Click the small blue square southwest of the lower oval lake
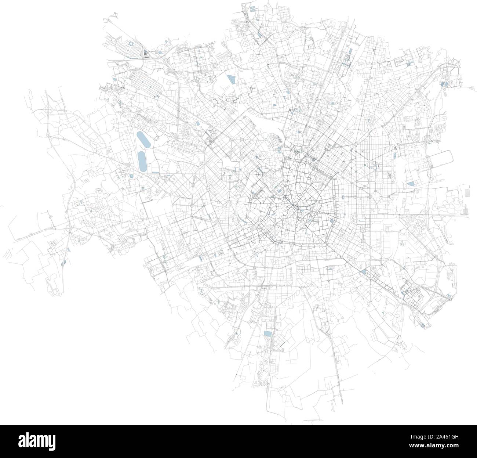pos(131,177)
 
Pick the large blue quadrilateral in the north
pos(231,80)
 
